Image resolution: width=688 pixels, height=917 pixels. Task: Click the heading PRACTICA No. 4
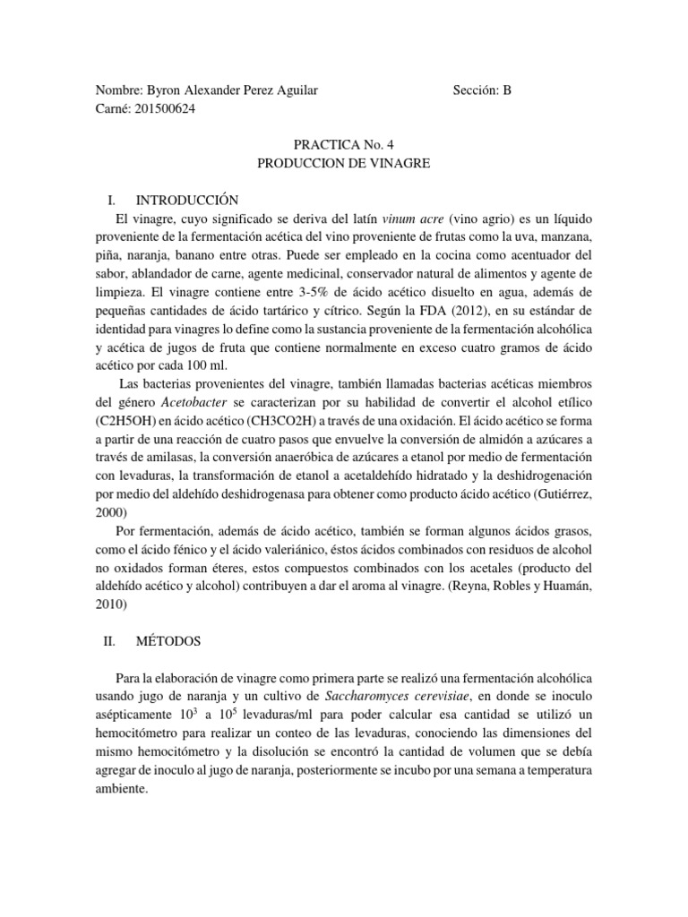(x=343, y=143)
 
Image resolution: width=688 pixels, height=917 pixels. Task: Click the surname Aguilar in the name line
(x=290, y=90)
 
